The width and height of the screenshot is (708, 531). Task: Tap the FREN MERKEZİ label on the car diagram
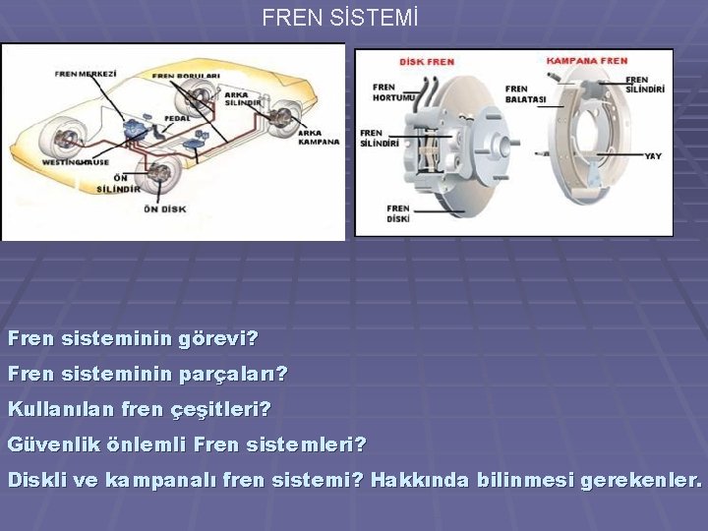87,74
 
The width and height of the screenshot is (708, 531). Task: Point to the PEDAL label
177,117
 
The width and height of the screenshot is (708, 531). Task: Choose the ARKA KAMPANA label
318,137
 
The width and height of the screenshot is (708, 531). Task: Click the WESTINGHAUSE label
76,162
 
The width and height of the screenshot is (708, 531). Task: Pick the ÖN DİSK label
165,208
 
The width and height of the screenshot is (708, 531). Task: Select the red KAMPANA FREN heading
587,61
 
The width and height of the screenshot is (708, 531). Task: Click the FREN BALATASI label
525,93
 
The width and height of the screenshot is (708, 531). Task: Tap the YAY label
654,156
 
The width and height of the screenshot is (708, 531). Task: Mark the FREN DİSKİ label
397,213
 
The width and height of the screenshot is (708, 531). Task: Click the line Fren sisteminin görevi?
133,340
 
